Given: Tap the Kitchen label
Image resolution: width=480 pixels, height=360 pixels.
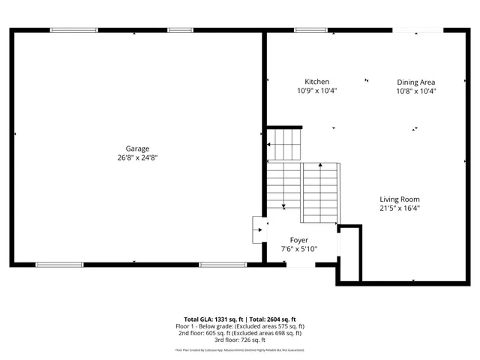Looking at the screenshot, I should (316, 82).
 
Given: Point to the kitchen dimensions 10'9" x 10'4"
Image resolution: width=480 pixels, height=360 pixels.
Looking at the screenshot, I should (316, 91).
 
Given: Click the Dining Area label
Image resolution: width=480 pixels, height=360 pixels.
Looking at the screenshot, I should (415, 82).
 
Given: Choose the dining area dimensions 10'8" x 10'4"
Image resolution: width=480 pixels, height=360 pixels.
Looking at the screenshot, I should (415, 91).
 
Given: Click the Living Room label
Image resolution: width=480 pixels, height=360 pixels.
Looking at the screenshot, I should (399, 199).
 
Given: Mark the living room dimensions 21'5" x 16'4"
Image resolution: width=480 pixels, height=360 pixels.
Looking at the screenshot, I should (399, 208).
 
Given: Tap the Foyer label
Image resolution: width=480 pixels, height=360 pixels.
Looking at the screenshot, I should (299, 240).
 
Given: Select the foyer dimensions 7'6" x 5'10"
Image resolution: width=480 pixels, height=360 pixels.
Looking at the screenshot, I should (299, 249).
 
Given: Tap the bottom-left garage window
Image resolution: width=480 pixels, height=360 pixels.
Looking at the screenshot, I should (59, 265).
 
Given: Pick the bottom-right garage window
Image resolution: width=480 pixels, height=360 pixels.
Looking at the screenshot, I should (223, 265).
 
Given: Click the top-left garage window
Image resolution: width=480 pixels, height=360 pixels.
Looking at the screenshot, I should (73, 31).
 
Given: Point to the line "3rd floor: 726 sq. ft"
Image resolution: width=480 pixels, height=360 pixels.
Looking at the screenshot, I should (240, 340).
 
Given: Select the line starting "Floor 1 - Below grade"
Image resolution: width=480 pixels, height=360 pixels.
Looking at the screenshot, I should (240, 326).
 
